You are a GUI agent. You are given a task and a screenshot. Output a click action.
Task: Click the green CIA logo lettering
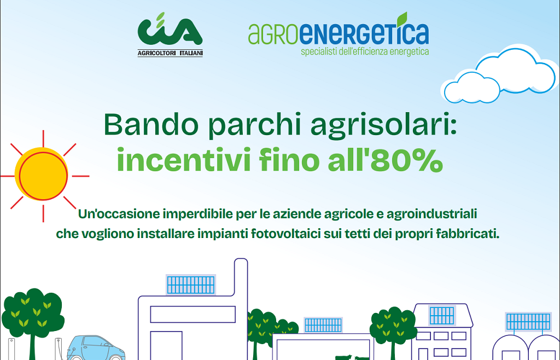(170, 32)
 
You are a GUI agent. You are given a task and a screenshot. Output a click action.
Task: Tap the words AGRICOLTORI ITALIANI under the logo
(170, 53)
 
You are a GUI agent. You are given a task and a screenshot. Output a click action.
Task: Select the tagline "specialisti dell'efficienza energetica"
(365, 51)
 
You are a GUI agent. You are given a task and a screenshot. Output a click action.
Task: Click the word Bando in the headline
(143, 126)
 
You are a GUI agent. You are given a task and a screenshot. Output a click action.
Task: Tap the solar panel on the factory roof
(191, 284)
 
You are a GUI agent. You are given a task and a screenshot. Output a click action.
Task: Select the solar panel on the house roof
(442, 315)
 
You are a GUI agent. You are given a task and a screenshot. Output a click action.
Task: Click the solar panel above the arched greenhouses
(528, 321)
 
